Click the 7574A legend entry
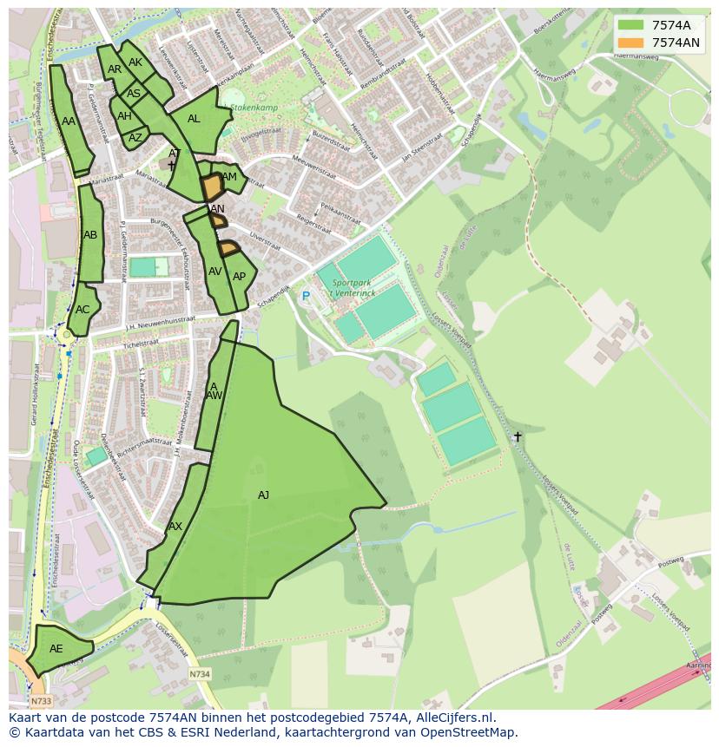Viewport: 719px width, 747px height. tap(659, 25)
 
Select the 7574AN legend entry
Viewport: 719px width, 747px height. tap(659, 43)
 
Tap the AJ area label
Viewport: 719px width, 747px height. tap(263, 495)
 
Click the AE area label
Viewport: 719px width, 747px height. tap(56, 649)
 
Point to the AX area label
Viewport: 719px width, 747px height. tap(175, 527)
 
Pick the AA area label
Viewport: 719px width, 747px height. tap(69, 121)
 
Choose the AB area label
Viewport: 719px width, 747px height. tap(90, 235)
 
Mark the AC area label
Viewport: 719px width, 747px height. tap(82, 310)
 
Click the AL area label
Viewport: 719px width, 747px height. tap(194, 119)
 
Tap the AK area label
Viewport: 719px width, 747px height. tap(135, 62)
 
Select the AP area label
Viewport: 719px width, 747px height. tap(239, 277)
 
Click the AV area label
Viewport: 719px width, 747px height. tap(215, 272)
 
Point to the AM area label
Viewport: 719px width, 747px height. tap(229, 177)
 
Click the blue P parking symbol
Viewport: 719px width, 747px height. tap(306, 297)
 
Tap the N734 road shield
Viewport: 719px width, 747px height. tap(200, 673)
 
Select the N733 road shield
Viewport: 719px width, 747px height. tap(40, 701)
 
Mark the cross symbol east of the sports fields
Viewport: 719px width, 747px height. tap(518, 436)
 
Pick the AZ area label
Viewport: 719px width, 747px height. tap(135, 138)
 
